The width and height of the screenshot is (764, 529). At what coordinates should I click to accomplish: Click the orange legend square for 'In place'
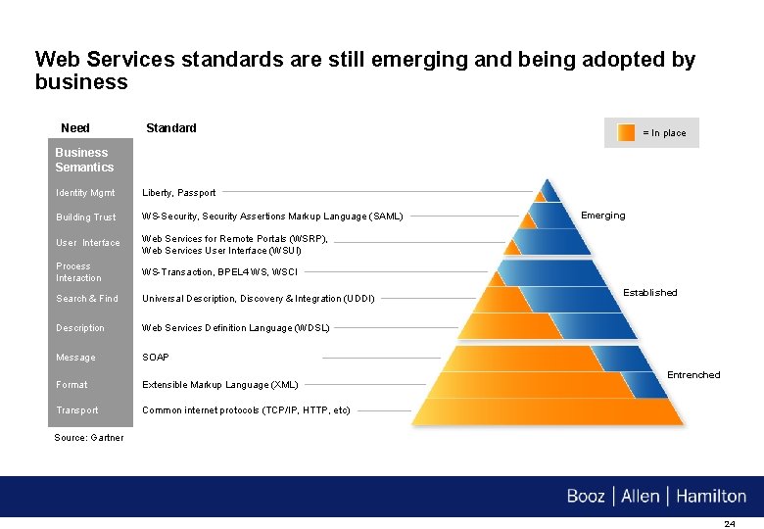tap(627, 133)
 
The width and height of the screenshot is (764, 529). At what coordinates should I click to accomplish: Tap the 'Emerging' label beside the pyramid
tap(603, 216)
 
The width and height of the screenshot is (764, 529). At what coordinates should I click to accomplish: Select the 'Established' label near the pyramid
tap(650, 292)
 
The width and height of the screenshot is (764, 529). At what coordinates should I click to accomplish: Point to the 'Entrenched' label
tap(693, 374)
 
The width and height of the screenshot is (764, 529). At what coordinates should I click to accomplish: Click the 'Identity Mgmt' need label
tap(85, 193)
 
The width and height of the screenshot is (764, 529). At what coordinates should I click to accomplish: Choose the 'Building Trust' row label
tap(86, 217)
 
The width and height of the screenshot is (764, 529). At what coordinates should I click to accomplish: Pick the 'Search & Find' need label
tap(87, 299)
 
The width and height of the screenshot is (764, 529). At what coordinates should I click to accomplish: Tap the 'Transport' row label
tap(77, 410)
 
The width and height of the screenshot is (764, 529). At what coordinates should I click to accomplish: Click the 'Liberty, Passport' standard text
tap(179, 193)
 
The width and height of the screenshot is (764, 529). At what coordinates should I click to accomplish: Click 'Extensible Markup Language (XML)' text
tap(220, 385)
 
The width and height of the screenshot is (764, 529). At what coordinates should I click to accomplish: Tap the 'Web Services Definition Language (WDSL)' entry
tap(236, 328)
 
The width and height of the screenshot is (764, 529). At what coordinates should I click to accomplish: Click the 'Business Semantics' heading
tap(84, 160)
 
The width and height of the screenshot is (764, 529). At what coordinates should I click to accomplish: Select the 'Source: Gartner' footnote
tap(89, 438)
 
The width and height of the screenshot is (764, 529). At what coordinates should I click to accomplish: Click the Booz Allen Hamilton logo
tap(656, 497)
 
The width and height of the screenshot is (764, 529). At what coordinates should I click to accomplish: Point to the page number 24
tap(729, 524)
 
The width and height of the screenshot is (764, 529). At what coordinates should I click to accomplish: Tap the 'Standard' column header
tap(171, 128)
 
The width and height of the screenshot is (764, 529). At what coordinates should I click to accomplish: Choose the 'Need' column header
tap(75, 128)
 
